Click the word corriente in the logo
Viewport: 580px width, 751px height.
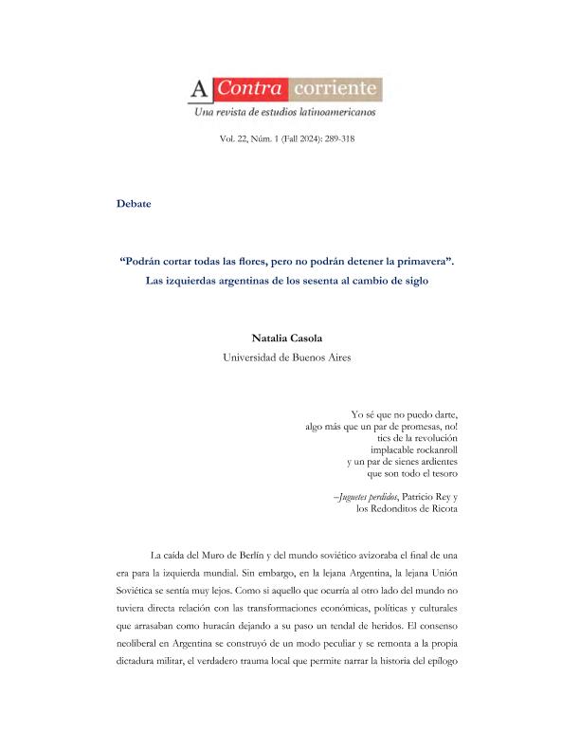tap(336, 91)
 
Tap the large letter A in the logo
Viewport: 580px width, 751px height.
tap(200, 91)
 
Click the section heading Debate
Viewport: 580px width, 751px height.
tap(134, 203)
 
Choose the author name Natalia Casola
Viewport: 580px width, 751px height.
tap(289, 337)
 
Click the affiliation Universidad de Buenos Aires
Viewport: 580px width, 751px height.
tap(289, 357)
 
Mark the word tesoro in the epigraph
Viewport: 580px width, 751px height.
tap(441, 472)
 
